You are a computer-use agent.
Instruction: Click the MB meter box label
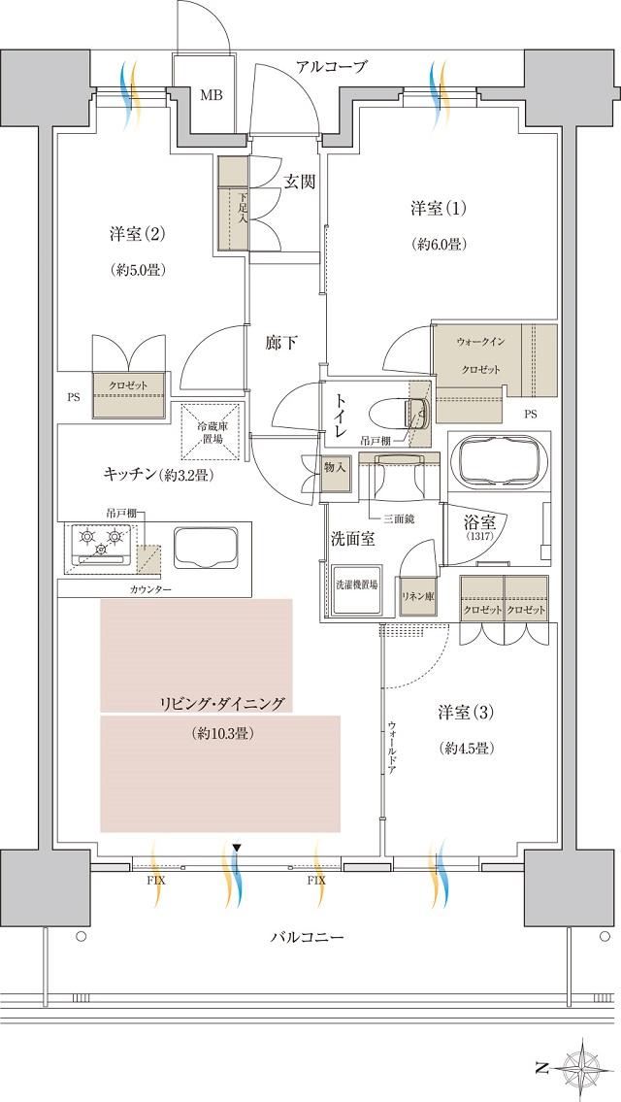coord(210,95)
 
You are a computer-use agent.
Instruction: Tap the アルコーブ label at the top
coord(332,66)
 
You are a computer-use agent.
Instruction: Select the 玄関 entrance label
coord(299,182)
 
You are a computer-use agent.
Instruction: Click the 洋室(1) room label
coord(438,208)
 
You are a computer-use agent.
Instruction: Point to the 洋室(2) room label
coord(137,234)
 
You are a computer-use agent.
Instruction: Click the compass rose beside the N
coord(586,1069)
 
